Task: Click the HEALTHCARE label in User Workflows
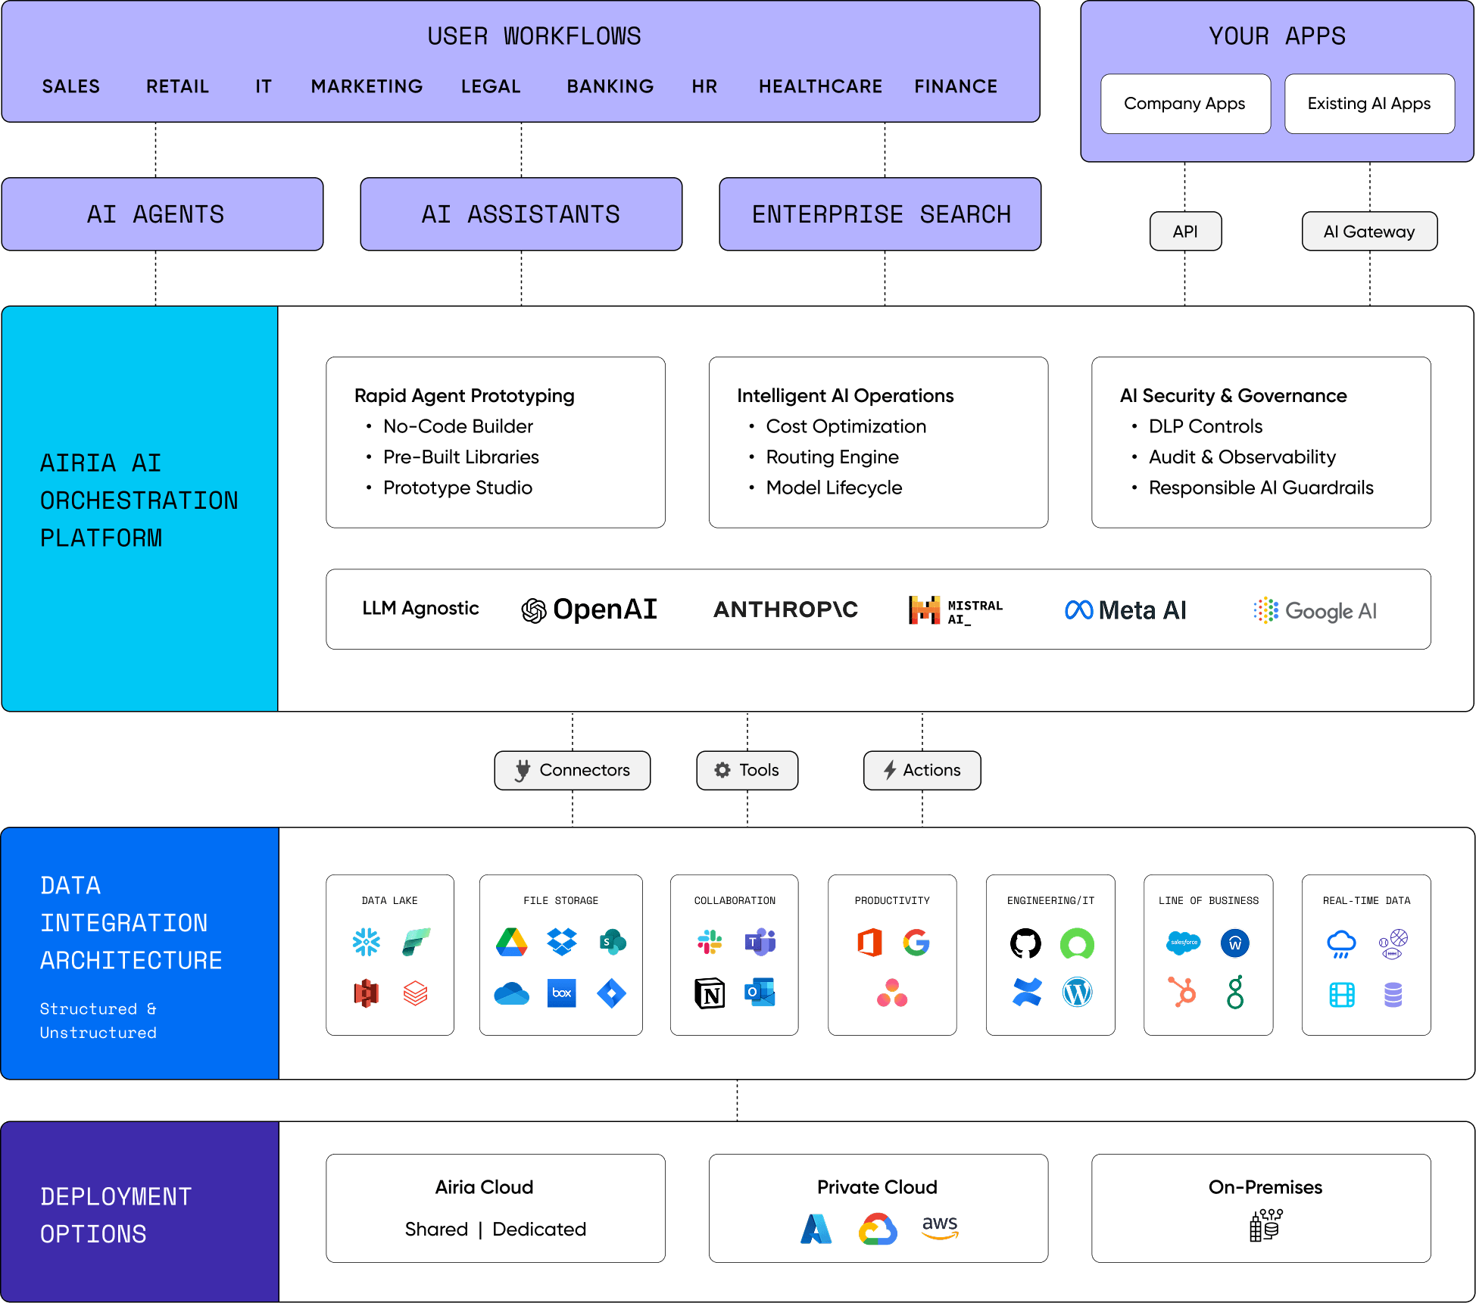tap(820, 86)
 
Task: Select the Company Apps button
tap(1185, 104)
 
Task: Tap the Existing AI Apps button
tap(1369, 104)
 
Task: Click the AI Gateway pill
tap(1368, 232)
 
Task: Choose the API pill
tap(1185, 232)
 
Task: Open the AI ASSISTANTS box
tap(521, 214)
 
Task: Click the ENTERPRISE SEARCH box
tap(880, 214)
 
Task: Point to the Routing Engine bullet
tap(832, 457)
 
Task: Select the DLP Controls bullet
tap(1205, 426)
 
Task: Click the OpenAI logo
tap(589, 609)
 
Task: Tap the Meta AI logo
tap(1125, 609)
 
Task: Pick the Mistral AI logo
tap(955, 610)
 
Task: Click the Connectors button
tap(573, 770)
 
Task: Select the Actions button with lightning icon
tap(922, 770)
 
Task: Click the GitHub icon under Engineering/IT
tap(1025, 943)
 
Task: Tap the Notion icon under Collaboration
tap(710, 993)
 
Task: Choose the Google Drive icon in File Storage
tap(512, 942)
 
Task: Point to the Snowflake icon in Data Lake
tap(367, 942)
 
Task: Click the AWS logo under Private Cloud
tap(940, 1227)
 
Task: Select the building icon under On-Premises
tap(1265, 1224)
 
